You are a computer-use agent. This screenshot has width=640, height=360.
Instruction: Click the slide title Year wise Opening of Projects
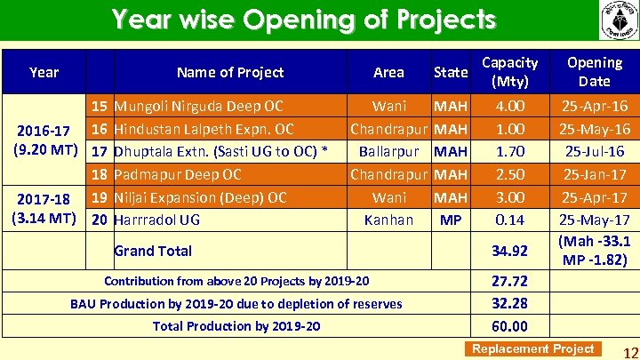click(x=303, y=20)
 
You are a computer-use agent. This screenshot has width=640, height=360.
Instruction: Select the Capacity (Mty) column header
click(x=509, y=72)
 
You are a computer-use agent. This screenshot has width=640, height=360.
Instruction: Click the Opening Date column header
click(x=595, y=72)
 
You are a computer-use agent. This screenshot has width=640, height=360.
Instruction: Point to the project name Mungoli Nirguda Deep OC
click(x=199, y=107)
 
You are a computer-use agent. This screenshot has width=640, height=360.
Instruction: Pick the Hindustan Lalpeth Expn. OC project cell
click(x=204, y=129)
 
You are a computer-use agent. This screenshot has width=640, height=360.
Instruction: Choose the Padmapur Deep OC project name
click(x=178, y=174)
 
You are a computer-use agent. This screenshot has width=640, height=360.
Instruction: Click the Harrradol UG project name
click(x=157, y=220)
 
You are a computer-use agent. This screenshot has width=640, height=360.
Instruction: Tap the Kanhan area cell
click(x=388, y=220)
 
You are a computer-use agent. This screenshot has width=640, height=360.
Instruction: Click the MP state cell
click(x=451, y=220)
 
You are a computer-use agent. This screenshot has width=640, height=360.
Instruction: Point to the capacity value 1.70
click(x=509, y=151)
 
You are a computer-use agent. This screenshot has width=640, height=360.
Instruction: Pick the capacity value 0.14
click(x=509, y=220)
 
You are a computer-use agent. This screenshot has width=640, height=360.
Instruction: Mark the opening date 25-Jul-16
click(x=595, y=151)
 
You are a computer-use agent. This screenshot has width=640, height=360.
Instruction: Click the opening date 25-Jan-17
click(x=595, y=174)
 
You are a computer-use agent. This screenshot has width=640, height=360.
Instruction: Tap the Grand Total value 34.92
click(x=509, y=251)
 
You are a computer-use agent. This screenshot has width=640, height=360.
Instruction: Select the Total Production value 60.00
click(x=509, y=326)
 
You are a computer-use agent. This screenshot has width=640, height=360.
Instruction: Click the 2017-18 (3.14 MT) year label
click(x=44, y=208)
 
